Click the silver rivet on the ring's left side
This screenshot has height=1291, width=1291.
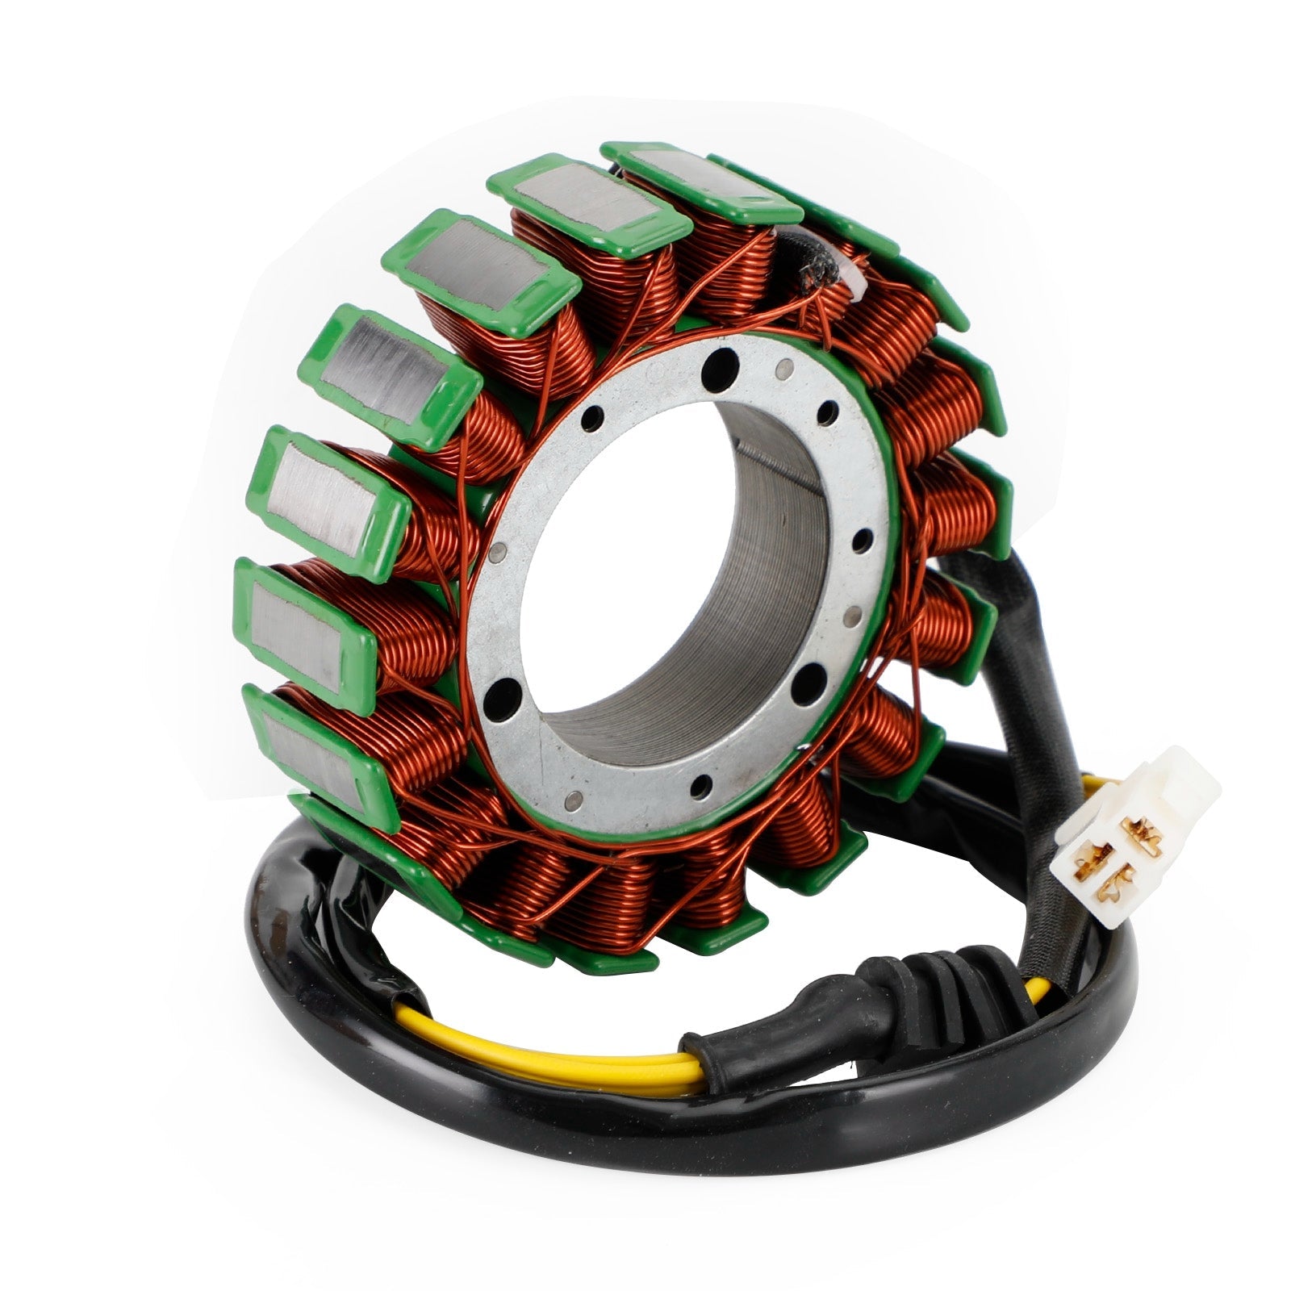click(498, 552)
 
